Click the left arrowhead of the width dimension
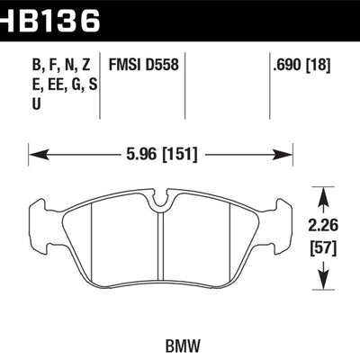tap(35, 154)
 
